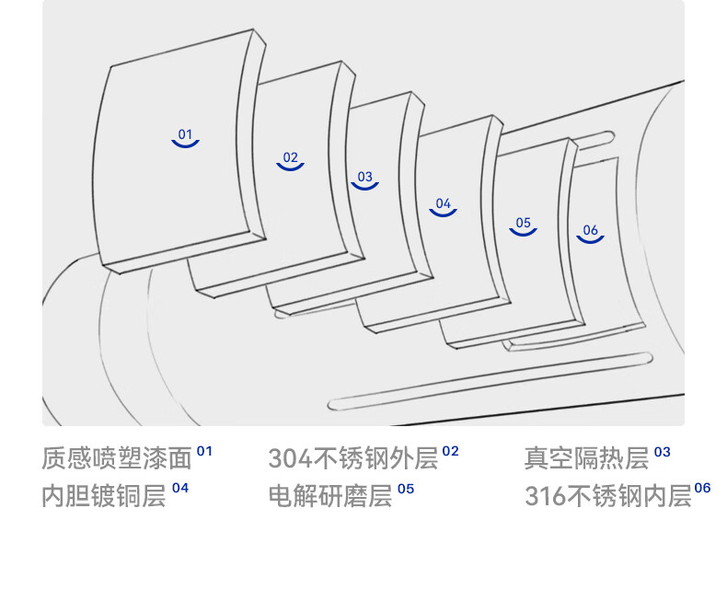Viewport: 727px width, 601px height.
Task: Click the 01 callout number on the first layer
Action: click(x=186, y=134)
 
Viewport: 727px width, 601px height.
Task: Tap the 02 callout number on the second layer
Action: click(x=291, y=157)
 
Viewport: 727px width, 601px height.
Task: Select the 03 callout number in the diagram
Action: click(x=365, y=177)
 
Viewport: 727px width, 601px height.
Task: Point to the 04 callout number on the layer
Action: click(x=444, y=203)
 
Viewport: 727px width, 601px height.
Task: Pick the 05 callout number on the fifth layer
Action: click(x=524, y=223)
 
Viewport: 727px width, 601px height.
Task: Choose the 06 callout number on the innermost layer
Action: click(x=591, y=230)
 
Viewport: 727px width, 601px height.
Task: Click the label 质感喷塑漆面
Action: click(x=117, y=458)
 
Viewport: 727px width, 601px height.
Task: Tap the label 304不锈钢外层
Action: click(x=352, y=458)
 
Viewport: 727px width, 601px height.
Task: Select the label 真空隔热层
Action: click(x=586, y=458)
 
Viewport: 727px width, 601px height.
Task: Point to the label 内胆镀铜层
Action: click(x=104, y=496)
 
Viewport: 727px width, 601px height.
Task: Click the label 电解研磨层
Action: click(x=329, y=496)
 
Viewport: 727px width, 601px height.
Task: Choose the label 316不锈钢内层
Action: click(x=607, y=496)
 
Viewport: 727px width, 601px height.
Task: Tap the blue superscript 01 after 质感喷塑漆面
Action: click(x=204, y=451)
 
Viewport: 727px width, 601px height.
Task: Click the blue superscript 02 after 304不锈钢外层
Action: click(x=450, y=451)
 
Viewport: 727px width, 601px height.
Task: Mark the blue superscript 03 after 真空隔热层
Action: click(x=663, y=452)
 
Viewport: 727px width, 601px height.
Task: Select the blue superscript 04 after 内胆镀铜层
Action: click(x=179, y=488)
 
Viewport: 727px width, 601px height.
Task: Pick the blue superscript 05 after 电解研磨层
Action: click(x=406, y=488)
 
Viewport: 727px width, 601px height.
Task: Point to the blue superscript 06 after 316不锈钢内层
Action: click(x=703, y=488)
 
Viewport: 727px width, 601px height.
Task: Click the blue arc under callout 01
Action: click(x=186, y=144)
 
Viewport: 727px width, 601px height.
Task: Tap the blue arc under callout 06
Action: click(x=591, y=240)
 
